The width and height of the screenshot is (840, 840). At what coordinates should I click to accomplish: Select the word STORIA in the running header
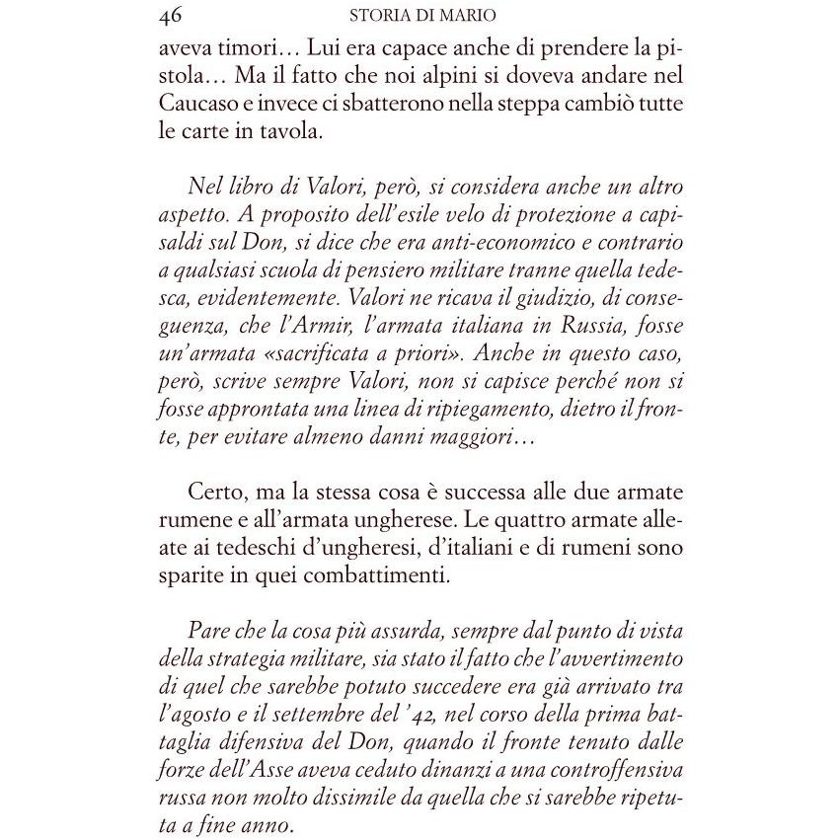click(378, 16)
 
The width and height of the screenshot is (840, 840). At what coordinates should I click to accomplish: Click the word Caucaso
click(201, 105)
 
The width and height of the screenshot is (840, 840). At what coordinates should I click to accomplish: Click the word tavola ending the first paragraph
click(295, 133)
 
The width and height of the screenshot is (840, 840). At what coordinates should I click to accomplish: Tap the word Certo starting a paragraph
click(211, 492)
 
